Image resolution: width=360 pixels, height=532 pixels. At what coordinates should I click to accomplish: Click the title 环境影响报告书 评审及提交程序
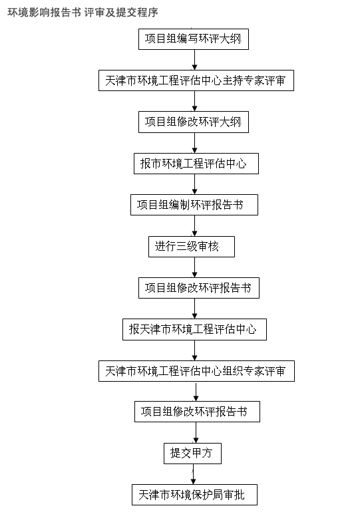click(83, 13)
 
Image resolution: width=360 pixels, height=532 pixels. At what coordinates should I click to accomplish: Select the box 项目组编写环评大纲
click(194, 39)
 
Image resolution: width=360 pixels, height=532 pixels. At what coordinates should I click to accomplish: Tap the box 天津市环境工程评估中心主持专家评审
click(196, 80)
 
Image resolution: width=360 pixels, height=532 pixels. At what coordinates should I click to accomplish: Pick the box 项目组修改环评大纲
click(194, 122)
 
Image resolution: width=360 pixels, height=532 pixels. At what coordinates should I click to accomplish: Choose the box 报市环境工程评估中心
click(196, 164)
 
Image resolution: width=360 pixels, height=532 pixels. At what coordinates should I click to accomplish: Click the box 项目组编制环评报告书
click(194, 205)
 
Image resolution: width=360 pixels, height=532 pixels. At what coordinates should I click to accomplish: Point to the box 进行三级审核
click(192, 246)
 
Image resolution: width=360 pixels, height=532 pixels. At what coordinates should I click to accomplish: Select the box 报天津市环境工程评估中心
click(194, 329)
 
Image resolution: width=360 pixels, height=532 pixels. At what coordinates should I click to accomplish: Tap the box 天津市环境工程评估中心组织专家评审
click(197, 371)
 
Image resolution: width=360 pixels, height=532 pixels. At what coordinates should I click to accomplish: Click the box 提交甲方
click(192, 454)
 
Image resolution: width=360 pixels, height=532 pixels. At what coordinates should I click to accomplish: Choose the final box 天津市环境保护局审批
click(194, 495)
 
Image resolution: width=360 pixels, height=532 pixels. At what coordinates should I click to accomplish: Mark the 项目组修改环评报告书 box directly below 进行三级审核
click(199, 288)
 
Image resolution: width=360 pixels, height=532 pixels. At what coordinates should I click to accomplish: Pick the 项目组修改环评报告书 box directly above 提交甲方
click(198, 412)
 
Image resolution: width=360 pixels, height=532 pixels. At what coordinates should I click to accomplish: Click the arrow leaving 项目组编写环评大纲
click(194, 60)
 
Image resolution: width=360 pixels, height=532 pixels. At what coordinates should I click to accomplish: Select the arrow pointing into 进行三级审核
click(194, 225)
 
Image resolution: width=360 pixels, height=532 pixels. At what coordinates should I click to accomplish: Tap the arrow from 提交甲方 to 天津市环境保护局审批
click(193, 474)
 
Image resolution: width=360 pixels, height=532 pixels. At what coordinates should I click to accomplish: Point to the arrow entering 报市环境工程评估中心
click(194, 143)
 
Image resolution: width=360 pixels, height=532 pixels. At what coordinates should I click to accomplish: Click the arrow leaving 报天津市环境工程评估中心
click(194, 350)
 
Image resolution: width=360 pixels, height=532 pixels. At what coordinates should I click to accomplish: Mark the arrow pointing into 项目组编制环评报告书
click(194, 184)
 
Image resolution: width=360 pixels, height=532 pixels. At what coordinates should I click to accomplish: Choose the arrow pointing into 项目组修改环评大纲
click(194, 101)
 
